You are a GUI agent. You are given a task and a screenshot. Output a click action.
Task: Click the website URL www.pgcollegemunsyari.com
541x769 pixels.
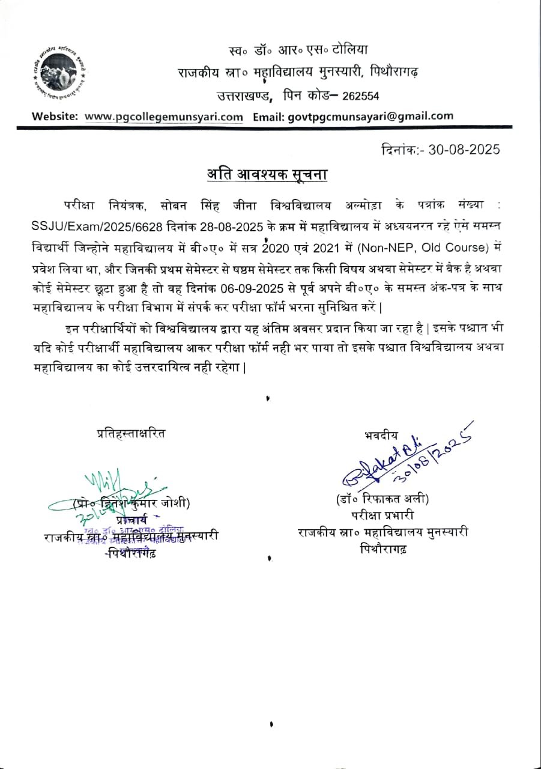[x=164, y=117]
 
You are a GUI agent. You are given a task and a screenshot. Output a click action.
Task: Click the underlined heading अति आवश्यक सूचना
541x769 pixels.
[x=268, y=175]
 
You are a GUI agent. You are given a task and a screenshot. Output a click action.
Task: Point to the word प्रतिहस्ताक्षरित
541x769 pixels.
[x=131, y=433]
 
